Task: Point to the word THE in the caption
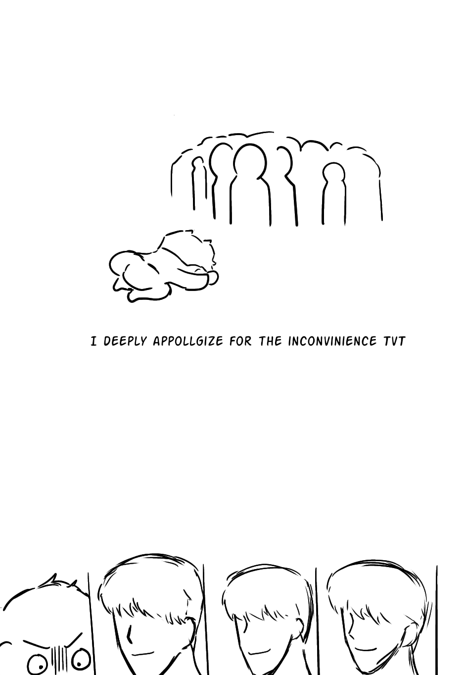270,341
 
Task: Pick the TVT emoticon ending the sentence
394,341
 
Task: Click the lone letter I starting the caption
93,341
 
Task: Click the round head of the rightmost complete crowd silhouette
334,173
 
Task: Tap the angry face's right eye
81,659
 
